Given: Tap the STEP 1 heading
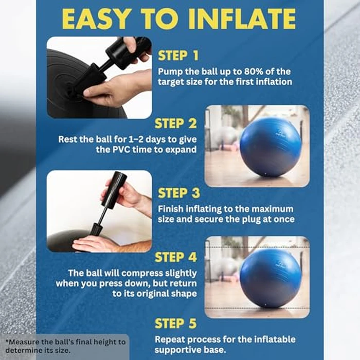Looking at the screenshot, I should click(179, 56).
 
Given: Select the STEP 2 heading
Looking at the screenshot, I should click(175, 124).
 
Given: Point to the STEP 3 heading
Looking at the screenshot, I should click(179, 193).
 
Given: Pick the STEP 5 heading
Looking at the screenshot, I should click(175, 323).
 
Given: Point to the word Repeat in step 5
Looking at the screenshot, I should click(171, 340).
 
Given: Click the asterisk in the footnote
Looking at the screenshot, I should click(6, 341).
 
